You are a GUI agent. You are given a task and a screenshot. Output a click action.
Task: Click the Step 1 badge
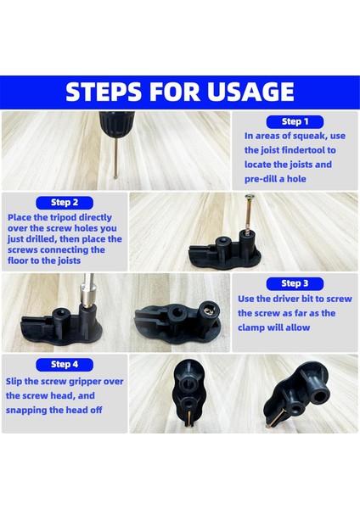295,121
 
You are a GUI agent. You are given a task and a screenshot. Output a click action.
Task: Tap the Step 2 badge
65,203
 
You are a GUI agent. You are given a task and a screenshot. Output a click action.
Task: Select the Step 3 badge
295,283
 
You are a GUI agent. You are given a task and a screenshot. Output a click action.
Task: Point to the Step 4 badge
65,365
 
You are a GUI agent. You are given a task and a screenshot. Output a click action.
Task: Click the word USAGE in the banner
250,92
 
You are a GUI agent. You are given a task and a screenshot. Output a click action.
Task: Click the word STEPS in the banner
104,92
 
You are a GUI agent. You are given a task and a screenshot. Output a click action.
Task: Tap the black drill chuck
116,124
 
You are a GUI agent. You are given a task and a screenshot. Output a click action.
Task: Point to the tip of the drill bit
115,177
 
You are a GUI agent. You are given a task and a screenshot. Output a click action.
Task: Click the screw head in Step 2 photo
250,196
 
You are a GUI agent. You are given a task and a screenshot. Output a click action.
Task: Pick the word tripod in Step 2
63,217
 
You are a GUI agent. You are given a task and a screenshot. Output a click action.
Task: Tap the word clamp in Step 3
250,327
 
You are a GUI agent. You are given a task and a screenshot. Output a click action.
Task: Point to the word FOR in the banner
174,92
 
